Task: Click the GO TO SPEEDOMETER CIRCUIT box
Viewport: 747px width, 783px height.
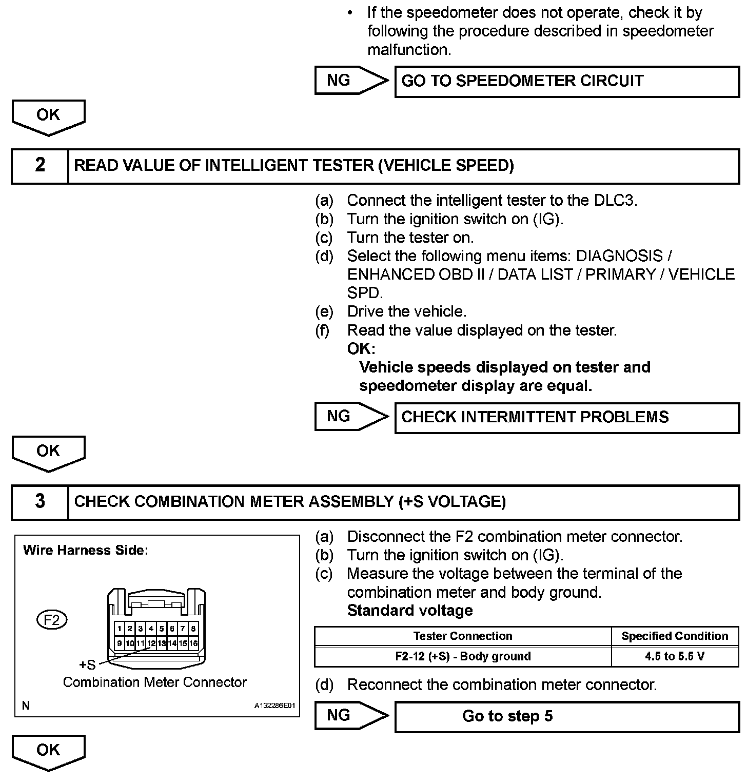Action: (566, 81)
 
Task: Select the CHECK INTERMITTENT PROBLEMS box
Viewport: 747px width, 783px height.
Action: (566, 417)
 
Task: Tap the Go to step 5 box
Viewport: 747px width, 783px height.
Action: (566, 716)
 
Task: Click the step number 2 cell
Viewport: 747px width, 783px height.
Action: (40, 166)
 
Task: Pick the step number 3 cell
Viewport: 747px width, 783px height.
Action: (40, 502)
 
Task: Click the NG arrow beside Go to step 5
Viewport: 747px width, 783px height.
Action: (350, 716)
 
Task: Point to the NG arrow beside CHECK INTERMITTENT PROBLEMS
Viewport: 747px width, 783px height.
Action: (350, 417)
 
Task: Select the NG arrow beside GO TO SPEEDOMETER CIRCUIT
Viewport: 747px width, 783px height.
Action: (350, 81)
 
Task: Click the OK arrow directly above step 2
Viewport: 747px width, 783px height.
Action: (48, 116)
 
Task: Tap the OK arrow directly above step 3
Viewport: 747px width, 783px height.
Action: (48, 453)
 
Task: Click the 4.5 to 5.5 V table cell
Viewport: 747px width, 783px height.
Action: (675, 656)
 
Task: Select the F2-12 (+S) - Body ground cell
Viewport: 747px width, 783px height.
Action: (462, 656)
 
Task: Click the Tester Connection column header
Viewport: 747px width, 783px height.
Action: (462, 636)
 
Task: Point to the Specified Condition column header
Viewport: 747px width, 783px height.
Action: (675, 636)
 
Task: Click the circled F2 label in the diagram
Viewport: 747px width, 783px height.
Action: (52, 620)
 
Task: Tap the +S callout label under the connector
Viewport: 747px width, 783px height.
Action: (87, 665)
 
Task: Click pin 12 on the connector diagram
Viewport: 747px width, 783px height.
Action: (151, 643)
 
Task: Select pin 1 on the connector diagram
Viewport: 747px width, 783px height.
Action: (120, 629)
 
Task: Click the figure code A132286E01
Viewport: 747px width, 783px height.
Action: (275, 706)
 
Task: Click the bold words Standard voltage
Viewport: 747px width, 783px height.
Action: (409, 611)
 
